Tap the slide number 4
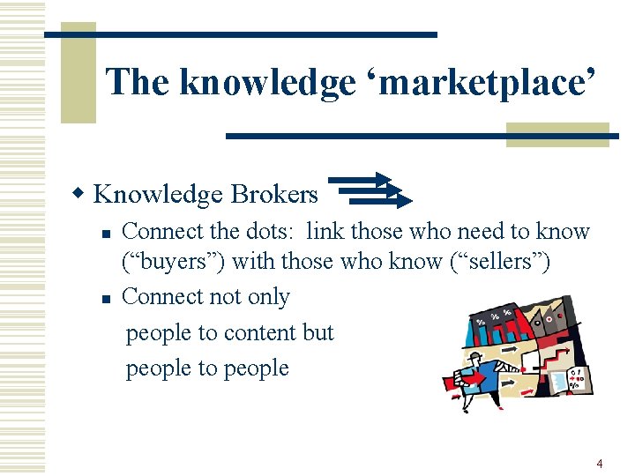(x=600, y=463)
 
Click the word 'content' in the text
(x=260, y=332)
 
